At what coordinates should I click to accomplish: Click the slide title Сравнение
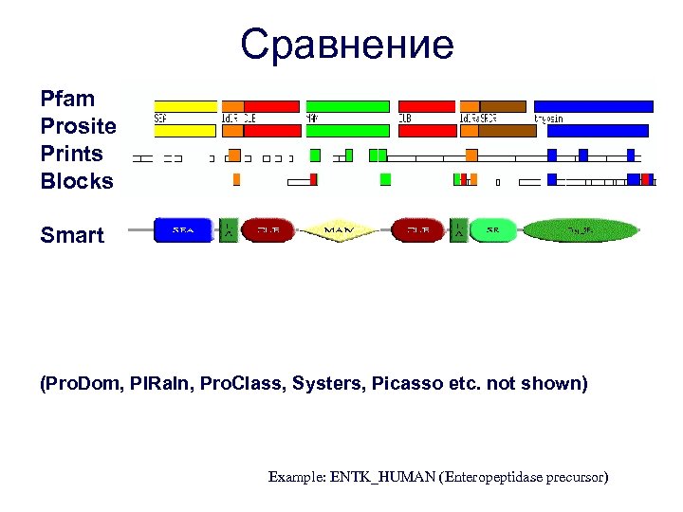coord(347,44)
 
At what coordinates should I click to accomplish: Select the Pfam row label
coord(67,98)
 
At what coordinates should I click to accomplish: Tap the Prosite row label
coord(78,125)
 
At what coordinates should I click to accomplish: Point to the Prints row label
coord(71,153)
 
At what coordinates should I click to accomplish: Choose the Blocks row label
coord(76,181)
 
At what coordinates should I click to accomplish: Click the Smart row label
coord(72,235)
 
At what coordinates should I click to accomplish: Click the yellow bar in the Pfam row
coord(185,106)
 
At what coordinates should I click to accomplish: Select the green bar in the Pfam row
coord(347,106)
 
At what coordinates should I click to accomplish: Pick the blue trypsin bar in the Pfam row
coord(595,106)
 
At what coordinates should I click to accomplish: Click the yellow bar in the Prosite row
coord(185,131)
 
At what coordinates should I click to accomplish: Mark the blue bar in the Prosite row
coord(598,131)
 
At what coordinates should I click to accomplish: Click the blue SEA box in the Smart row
coord(183,230)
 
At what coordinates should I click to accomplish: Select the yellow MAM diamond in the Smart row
coord(339,230)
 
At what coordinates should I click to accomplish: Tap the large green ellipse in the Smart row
coord(580,230)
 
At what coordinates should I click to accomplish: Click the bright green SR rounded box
coord(493,230)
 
